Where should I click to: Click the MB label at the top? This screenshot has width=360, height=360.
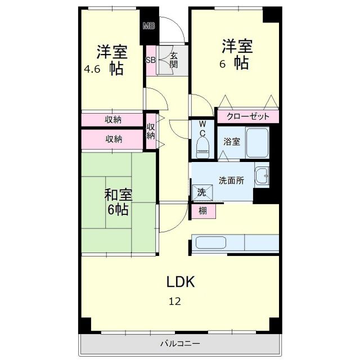tap(148, 25)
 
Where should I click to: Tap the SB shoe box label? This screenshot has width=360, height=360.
tap(151, 60)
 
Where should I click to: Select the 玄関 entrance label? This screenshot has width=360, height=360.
tap(174, 60)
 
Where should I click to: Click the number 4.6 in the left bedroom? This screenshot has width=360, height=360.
tap(92, 70)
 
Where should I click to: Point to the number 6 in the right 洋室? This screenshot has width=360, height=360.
tap(223, 64)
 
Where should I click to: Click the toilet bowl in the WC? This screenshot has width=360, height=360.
tap(203, 148)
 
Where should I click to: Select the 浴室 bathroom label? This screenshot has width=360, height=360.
tap(232, 142)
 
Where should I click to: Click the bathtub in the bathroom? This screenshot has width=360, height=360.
tap(258, 143)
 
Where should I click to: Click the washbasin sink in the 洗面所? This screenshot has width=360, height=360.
tap(262, 177)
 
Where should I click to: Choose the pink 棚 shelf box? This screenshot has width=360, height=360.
tap(202, 211)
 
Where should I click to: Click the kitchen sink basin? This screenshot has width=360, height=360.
tap(210, 243)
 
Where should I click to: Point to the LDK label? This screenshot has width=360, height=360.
tap(180, 281)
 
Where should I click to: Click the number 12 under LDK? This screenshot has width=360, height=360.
tap(175, 301)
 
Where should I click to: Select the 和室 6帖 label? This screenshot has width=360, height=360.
tap(118, 202)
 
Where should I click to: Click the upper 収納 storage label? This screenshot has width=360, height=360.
tap(113, 120)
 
